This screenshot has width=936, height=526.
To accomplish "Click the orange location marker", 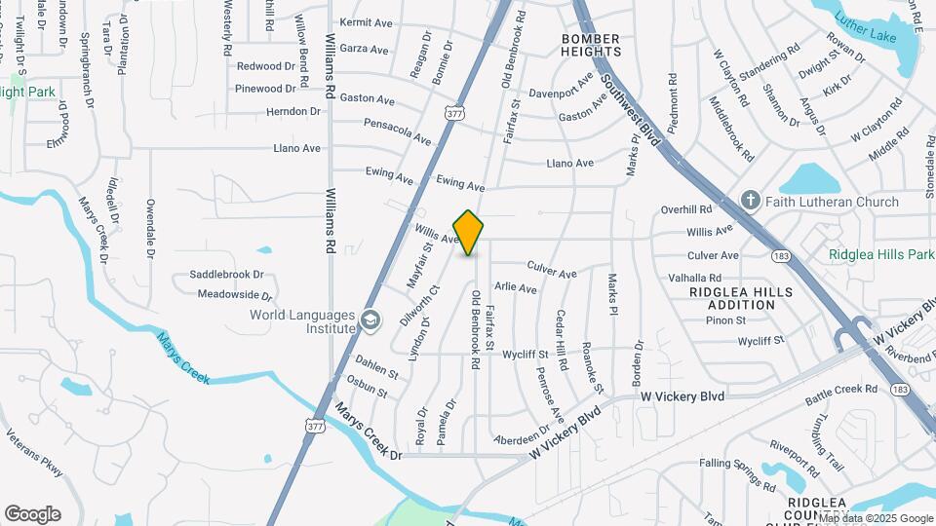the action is [x=469, y=233].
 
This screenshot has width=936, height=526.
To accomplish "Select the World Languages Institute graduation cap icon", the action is [x=370, y=319].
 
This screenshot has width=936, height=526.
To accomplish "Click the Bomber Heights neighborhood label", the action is [x=591, y=45].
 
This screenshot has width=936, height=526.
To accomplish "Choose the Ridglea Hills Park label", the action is [x=881, y=254].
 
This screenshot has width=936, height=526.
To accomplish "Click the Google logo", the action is [x=32, y=514].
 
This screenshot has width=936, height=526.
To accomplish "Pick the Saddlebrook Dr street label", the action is [x=226, y=275].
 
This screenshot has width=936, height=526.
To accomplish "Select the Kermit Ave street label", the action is [x=365, y=22].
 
